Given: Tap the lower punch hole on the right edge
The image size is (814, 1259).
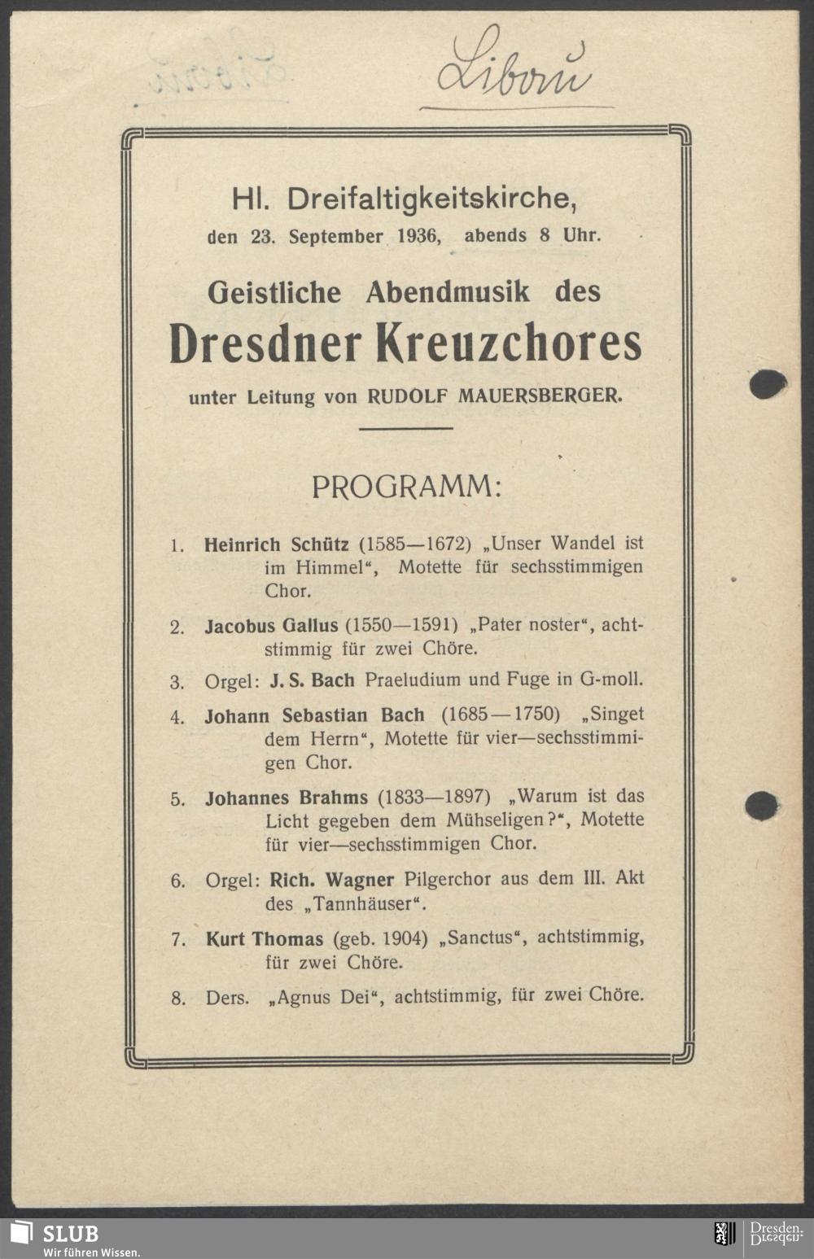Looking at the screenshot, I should [761, 805].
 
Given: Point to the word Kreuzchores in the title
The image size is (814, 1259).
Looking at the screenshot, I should [508, 343].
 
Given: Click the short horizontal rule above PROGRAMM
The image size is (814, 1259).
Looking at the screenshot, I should [405, 428].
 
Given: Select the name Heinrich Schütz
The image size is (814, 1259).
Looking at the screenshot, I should [277, 544].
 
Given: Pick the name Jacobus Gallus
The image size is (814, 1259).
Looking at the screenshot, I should [271, 626].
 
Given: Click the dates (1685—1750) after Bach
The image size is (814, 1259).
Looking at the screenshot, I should [501, 715].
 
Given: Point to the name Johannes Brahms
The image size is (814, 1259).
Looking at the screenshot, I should [287, 797].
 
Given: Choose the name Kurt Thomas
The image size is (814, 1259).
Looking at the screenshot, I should [264, 939].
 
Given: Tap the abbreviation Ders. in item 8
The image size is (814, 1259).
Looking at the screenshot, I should [227, 998].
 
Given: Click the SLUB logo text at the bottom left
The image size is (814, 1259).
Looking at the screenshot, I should [70, 1232].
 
